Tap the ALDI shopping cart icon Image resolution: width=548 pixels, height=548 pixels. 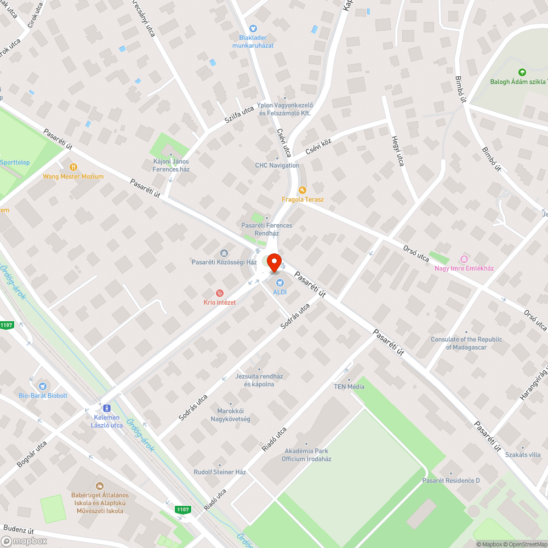[280, 283]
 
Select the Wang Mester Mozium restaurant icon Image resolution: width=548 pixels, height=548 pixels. [73, 167]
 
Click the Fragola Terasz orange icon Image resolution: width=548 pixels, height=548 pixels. [302, 190]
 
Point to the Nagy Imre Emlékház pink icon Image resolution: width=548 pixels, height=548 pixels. [464, 259]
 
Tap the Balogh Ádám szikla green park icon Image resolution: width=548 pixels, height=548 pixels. [522, 72]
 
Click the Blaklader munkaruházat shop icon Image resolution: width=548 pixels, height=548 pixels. [253, 28]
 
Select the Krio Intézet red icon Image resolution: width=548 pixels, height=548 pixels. [220, 293]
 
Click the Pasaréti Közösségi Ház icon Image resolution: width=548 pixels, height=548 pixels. [224, 253]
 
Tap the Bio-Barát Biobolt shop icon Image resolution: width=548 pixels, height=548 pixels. [43, 386]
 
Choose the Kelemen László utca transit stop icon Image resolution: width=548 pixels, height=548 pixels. [106, 408]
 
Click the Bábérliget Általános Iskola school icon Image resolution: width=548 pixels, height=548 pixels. [99, 486]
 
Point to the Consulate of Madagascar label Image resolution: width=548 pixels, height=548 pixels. [466, 343]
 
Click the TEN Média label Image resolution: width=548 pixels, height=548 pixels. [349, 386]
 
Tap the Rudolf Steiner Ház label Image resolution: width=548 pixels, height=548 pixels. [220, 472]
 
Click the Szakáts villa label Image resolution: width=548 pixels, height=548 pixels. [523, 455]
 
